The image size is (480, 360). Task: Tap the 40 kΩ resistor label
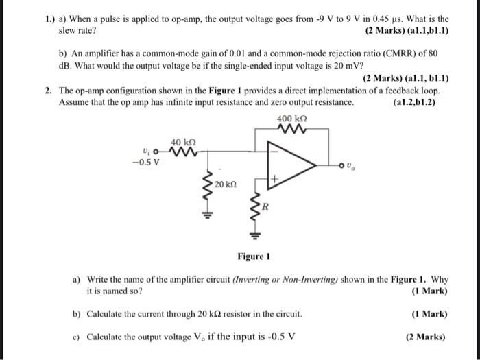[178, 140]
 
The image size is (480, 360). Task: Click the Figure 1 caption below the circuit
[254, 256]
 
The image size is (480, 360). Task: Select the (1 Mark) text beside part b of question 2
[430, 314]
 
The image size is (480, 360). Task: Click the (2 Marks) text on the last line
[428, 337]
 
